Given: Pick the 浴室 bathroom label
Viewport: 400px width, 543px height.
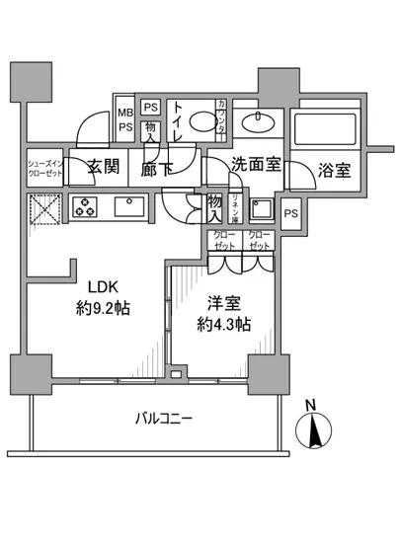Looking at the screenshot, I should tap(334, 170).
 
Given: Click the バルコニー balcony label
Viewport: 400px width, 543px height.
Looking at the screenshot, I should tap(163, 419).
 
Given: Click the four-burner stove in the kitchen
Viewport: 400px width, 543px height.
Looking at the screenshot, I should tap(82, 207).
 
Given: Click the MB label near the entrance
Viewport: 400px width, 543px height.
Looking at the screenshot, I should tap(126, 110).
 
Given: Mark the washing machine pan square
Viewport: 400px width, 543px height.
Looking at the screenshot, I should tap(262, 209).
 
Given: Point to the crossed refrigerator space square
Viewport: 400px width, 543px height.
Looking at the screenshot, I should tap(43, 209).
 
